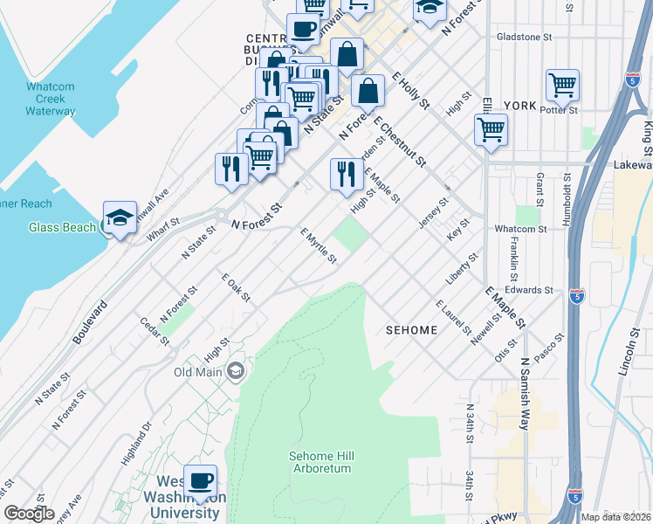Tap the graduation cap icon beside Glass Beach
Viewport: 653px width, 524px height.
120,218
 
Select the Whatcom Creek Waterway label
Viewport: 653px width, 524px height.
50,99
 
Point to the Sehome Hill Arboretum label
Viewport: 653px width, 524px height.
320,462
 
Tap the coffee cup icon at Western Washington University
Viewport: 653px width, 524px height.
201,481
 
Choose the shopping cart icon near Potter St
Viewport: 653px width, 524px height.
563,86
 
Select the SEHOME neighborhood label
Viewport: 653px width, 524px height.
410,330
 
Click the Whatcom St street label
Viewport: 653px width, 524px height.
519,229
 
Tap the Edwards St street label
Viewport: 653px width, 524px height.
529,290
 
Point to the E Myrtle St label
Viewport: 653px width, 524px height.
319,246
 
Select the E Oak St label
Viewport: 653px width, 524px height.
236,288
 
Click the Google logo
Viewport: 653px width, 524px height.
29,514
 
